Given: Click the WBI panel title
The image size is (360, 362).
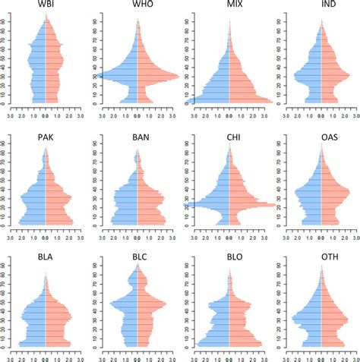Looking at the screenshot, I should (x=45, y=6).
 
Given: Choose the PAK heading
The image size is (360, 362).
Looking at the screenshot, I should (x=45, y=137).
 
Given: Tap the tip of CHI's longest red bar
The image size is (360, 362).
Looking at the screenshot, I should (x=275, y=205).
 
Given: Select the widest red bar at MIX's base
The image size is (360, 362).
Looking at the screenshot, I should (x=270, y=100).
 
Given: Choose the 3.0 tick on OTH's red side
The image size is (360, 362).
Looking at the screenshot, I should (x=356, y=355).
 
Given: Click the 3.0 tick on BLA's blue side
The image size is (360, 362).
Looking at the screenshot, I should (x=11, y=355).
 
